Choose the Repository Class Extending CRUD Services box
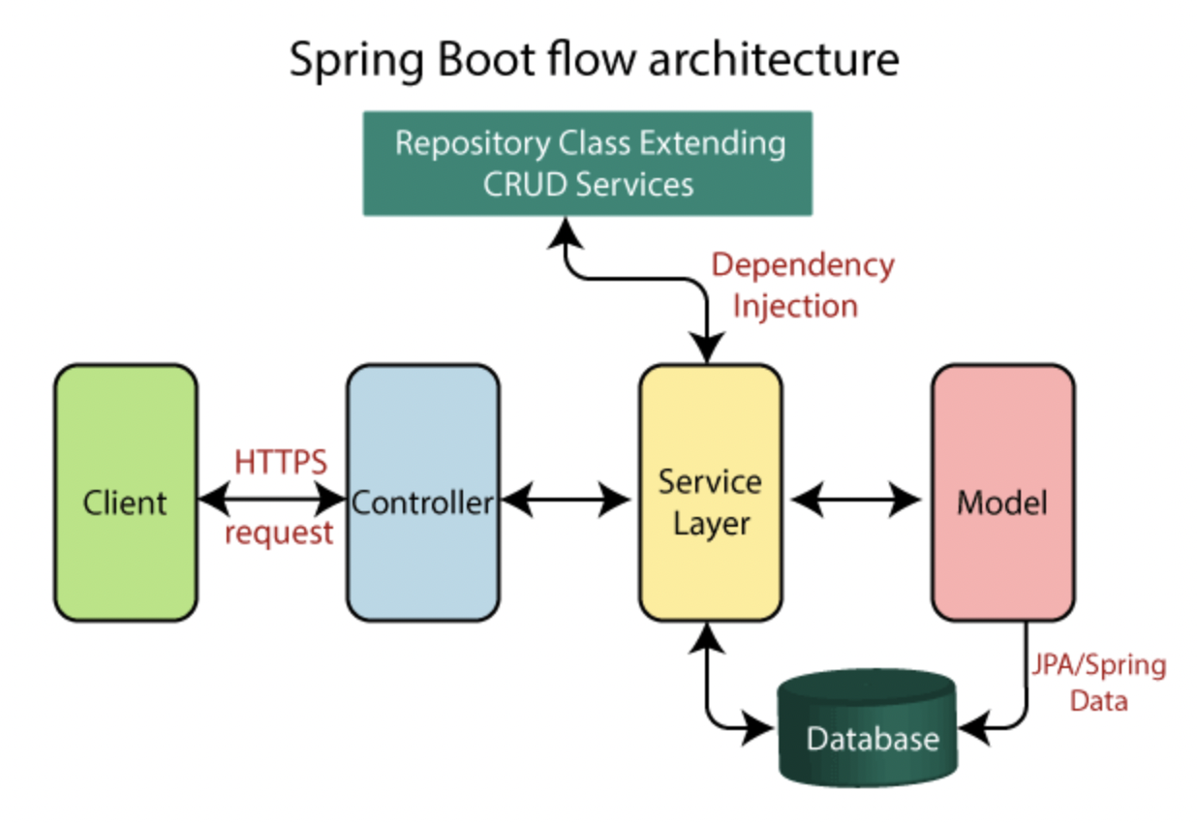pos(588,163)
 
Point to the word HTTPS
pos(281,462)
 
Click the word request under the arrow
pos(279,533)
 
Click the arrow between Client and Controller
pos(272,500)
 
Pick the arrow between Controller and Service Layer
pos(567,500)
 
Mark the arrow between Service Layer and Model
pos(855,500)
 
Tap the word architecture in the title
pos(772,60)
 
